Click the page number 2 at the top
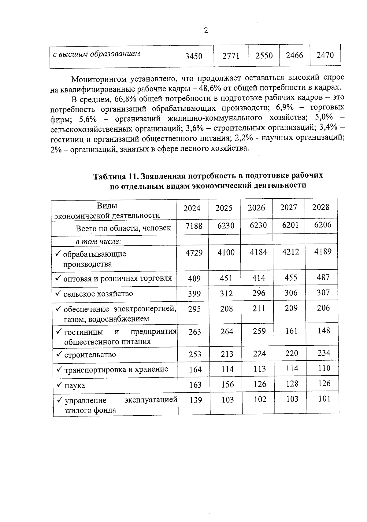click(x=206, y=31)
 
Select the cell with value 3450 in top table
click(x=194, y=56)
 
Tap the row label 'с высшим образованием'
click(x=96, y=54)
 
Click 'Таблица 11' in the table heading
click(x=114, y=177)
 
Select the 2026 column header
click(x=256, y=208)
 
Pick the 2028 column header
click(x=321, y=207)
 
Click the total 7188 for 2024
click(x=194, y=226)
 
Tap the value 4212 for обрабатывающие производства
click(x=290, y=252)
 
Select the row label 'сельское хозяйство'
click(x=98, y=294)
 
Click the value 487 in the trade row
click(x=323, y=278)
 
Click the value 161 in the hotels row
click(x=291, y=331)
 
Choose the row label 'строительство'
click(x=90, y=355)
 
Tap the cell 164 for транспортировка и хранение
click(x=195, y=369)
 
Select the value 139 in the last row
click(x=196, y=400)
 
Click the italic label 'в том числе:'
click(x=98, y=241)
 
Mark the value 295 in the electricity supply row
click(x=194, y=309)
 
